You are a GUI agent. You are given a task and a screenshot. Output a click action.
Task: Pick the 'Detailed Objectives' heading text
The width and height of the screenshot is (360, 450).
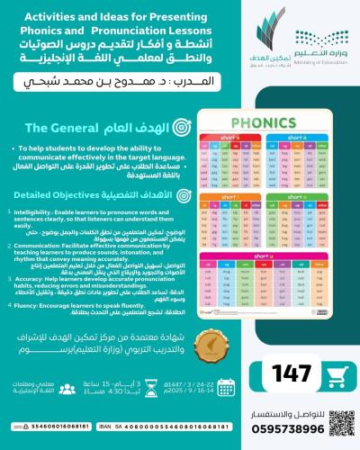coord(49,193)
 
